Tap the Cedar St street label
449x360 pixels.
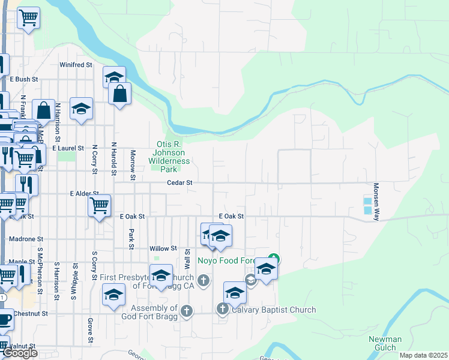click(x=179, y=182)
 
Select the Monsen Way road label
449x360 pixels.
click(x=376, y=202)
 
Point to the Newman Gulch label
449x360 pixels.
click(x=385, y=343)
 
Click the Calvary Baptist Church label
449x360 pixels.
click(x=273, y=310)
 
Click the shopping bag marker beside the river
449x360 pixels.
click(x=119, y=94)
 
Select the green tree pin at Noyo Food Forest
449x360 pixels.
click(x=273, y=259)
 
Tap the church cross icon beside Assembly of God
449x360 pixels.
click(x=187, y=310)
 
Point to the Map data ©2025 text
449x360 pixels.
click(x=423, y=355)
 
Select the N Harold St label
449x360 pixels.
click(x=113, y=159)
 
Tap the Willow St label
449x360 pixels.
click(x=163, y=248)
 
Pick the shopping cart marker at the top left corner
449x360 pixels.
click(x=28, y=18)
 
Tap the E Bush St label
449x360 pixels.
click(x=24, y=79)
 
